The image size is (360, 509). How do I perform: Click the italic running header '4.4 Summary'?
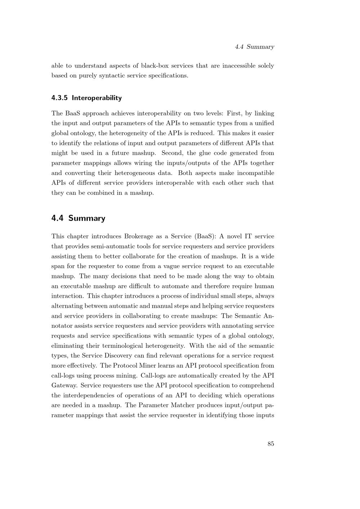(254, 47)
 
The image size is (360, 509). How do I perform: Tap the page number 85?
(271, 444)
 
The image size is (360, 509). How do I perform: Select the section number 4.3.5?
(60, 98)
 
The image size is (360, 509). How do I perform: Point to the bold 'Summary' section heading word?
(87, 218)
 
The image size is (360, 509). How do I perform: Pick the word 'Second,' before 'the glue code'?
(172, 153)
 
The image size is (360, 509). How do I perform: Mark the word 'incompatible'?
(255, 173)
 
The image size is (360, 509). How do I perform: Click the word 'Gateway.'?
(64, 386)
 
